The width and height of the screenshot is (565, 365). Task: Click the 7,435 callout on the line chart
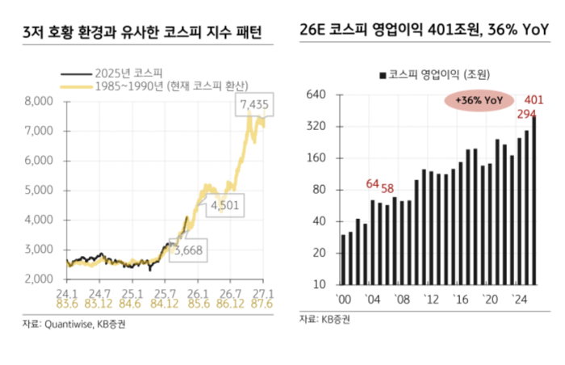coord(254,106)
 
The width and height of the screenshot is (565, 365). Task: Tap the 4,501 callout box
coord(224,205)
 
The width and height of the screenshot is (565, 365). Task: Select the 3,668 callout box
coord(188,250)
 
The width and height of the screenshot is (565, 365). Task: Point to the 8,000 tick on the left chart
coord(38,101)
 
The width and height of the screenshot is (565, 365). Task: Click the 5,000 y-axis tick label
coord(38,190)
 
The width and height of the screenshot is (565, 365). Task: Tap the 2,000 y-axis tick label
coord(38,279)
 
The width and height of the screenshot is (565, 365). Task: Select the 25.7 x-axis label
coord(166,292)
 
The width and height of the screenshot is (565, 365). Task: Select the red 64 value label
coord(373,183)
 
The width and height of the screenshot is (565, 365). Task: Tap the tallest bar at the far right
coord(534,201)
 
